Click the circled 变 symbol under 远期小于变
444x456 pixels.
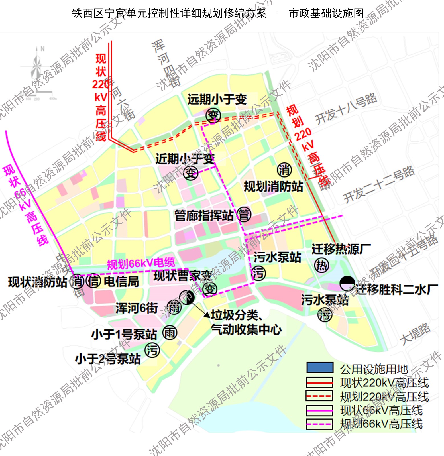coord(213,116)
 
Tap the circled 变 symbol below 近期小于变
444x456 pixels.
coord(191,173)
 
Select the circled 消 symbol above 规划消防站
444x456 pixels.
coord(284,170)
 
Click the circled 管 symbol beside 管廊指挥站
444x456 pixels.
coord(244,215)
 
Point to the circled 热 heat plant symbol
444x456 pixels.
coord(321,266)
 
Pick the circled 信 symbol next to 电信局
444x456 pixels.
coord(93,281)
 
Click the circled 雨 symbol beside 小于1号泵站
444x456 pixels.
coord(170,333)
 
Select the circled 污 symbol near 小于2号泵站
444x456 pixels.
coord(152,350)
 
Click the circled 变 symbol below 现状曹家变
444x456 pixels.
coord(210,289)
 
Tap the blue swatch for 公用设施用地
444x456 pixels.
coord(320,368)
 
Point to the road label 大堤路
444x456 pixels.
coord(415,334)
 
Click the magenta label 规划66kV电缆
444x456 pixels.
coord(141,263)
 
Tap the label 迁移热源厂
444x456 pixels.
coord(341,249)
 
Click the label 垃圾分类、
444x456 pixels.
coord(237,315)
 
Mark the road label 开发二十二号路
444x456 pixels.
coord(379,184)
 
